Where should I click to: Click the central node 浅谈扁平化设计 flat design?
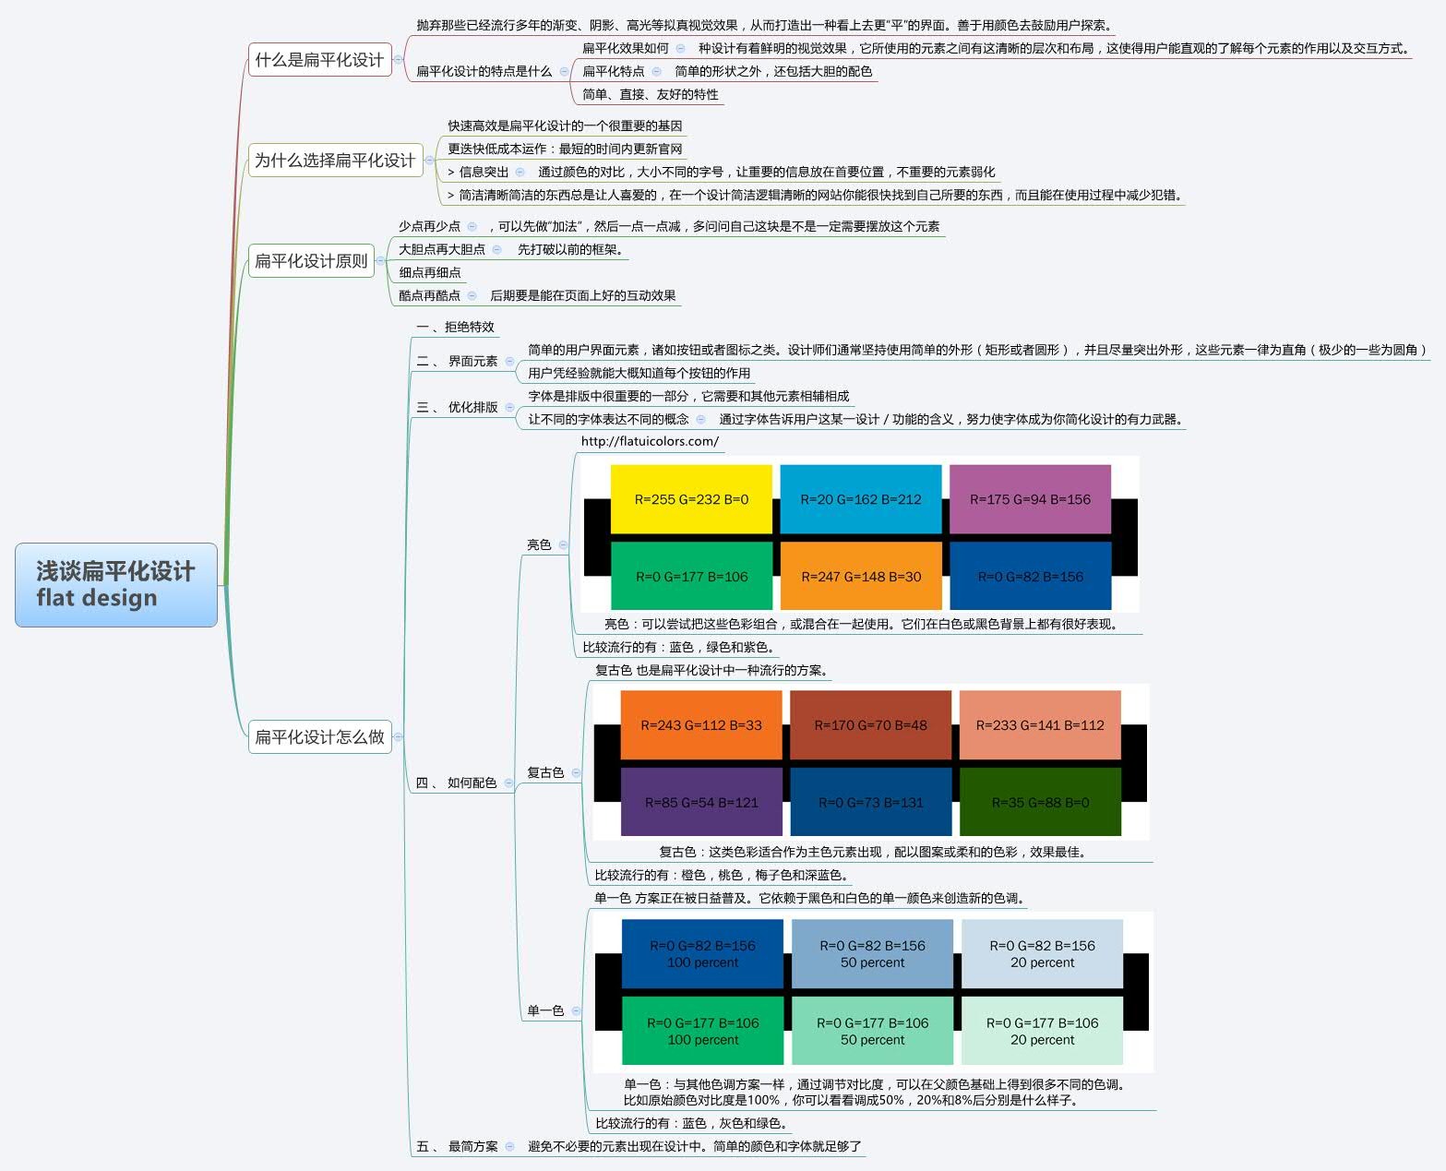[x=115, y=584]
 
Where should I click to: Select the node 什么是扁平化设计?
[x=319, y=60]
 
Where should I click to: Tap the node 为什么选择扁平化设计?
[x=334, y=161]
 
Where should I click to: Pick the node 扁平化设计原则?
[x=311, y=261]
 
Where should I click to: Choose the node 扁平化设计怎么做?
[x=319, y=736]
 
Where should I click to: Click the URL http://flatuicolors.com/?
[x=650, y=441]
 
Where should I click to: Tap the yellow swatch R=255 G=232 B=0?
[x=691, y=499]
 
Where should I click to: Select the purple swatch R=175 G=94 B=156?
[x=1030, y=499]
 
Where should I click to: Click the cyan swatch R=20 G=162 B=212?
[x=860, y=499]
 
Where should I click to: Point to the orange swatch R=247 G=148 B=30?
[x=860, y=576]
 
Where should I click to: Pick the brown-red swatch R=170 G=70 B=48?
[x=870, y=724]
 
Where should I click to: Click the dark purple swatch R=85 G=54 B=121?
[x=701, y=802]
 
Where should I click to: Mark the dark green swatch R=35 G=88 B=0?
[x=1040, y=802]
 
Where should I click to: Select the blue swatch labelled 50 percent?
[x=872, y=953]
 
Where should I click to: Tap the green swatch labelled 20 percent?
[x=1042, y=1031]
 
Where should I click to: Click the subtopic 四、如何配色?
[x=457, y=783]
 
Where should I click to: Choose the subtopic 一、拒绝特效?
[x=456, y=327]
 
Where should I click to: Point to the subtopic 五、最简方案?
[x=457, y=1146]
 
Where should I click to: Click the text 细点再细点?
[x=430, y=272]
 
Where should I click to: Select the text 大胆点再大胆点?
[x=442, y=249]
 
